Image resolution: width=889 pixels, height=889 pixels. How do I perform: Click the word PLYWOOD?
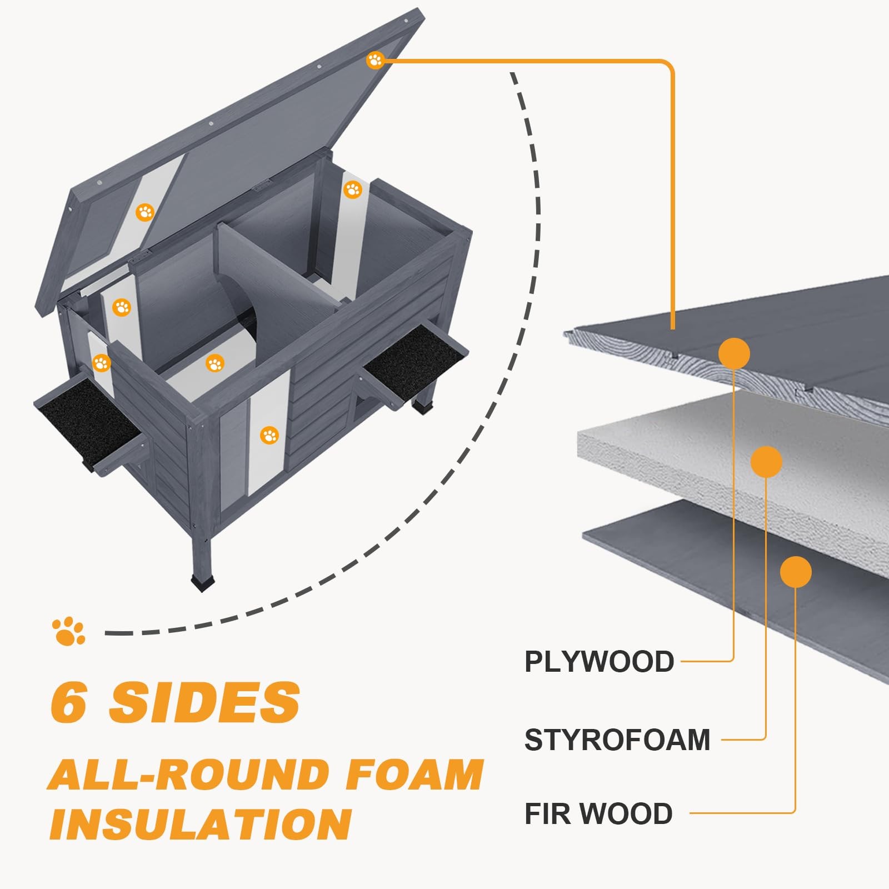coord(599,662)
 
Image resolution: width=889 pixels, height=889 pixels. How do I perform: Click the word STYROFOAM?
coord(617,740)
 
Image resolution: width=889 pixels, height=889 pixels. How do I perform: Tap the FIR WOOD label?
coord(598,814)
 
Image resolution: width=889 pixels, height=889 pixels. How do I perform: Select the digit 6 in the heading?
coord(69,702)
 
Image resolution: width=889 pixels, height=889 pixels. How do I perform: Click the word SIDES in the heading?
coord(204,702)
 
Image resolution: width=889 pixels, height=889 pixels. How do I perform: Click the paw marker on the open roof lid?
coord(375,60)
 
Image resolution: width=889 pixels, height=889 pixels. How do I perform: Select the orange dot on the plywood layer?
coord(734,353)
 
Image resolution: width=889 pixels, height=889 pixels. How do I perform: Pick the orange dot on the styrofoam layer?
coord(766,461)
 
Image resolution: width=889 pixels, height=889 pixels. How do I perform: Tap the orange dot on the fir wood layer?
coord(796,572)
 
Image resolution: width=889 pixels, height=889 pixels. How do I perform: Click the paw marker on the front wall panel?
coord(269,435)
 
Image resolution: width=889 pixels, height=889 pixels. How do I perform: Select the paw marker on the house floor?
coord(214,364)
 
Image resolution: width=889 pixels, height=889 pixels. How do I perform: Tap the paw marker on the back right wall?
coord(353,189)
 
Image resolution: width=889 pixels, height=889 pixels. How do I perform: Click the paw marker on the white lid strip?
coord(145,212)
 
